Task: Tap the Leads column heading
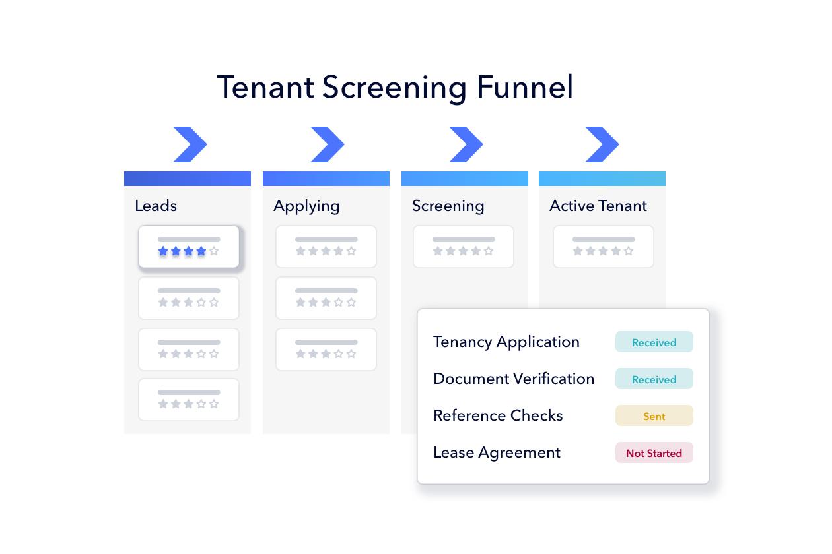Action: click(x=156, y=206)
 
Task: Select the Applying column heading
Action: click(x=306, y=206)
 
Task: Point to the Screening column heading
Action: click(x=448, y=206)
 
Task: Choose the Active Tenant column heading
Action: click(x=598, y=206)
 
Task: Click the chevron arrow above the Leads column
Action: click(x=190, y=144)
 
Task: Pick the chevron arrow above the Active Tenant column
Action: click(x=602, y=144)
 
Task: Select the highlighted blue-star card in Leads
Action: click(x=189, y=247)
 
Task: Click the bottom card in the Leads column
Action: click(x=189, y=400)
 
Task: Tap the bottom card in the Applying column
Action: click(x=326, y=350)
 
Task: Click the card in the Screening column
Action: click(x=464, y=247)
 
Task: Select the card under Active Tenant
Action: click(x=604, y=247)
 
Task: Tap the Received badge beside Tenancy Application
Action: click(x=654, y=342)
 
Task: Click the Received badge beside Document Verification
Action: click(x=654, y=379)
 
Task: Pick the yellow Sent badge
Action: click(x=654, y=416)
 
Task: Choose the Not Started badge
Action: click(x=654, y=453)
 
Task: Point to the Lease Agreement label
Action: click(x=497, y=453)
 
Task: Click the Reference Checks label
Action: click(x=498, y=416)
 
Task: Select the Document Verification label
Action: click(x=514, y=379)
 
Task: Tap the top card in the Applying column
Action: click(x=326, y=247)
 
